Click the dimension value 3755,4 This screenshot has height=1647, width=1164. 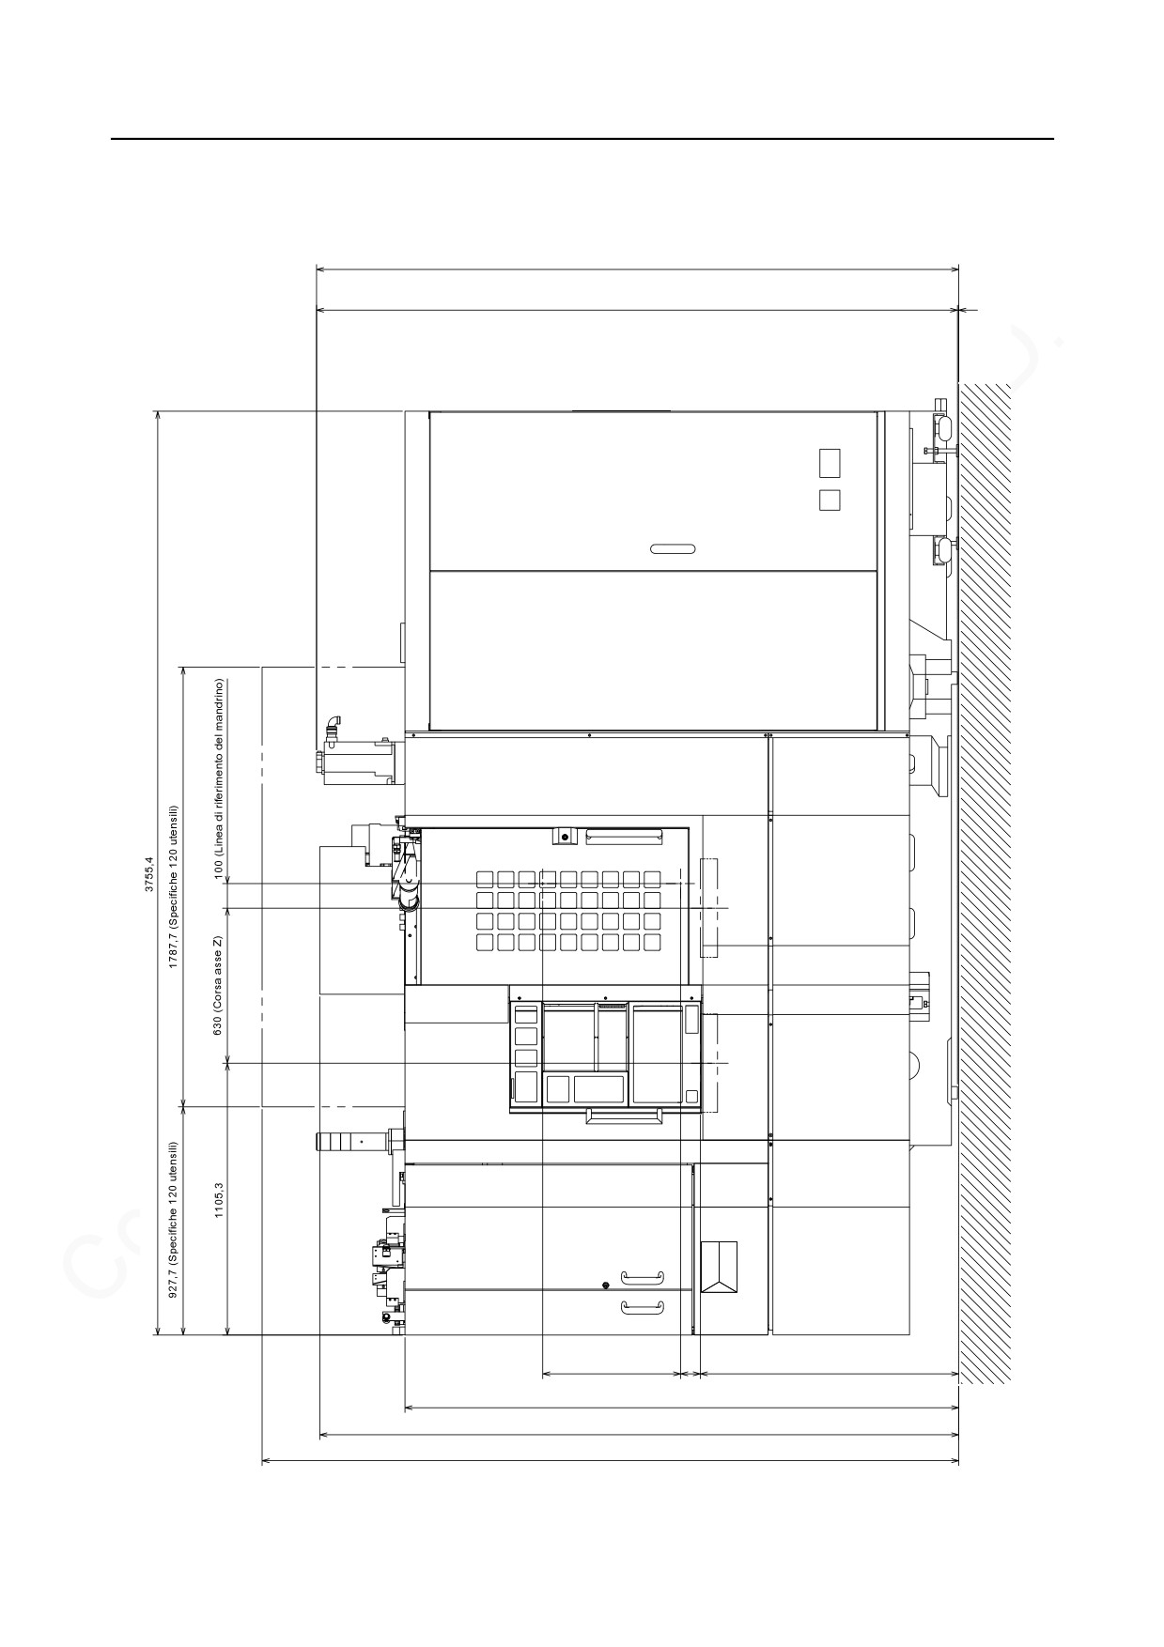click(x=148, y=872)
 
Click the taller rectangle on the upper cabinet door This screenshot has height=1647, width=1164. click(x=830, y=463)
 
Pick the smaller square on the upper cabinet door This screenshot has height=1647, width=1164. click(x=830, y=500)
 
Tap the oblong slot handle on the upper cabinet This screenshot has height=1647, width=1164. click(x=672, y=549)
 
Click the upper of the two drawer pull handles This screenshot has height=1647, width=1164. click(x=643, y=1276)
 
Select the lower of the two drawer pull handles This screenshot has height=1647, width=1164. click(x=643, y=1307)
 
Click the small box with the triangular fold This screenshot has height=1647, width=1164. click(x=719, y=1266)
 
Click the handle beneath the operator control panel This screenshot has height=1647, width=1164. click(x=624, y=1116)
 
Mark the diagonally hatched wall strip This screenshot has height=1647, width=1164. click(x=985, y=883)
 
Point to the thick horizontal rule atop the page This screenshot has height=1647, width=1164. click(x=582, y=139)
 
